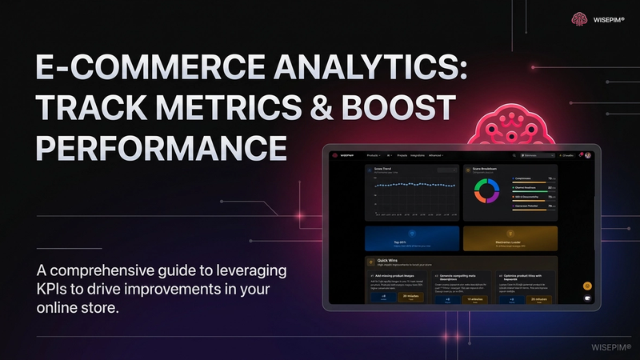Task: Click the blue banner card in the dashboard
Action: pos(411,238)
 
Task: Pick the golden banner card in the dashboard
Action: pos(510,238)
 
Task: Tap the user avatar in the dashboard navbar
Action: pos(588,154)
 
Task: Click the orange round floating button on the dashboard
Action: pos(587,286)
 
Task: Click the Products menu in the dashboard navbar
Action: pos(373,154)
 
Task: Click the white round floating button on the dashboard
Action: pos(587,299)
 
